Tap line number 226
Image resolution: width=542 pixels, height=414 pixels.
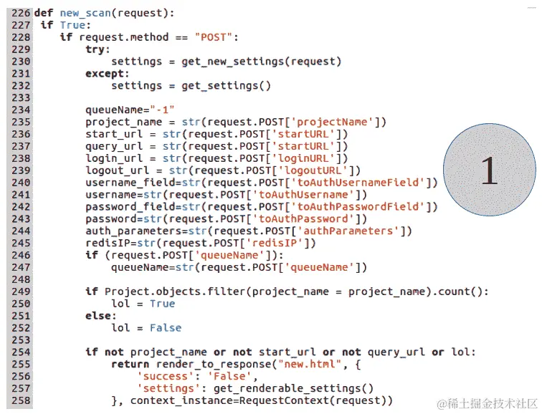click(x=20, y=13)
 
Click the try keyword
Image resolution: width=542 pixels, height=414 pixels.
click(x=96, y=49)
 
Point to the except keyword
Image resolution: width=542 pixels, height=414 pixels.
click(x=107, y=73)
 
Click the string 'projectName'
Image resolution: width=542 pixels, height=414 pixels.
click(x=340, y=122)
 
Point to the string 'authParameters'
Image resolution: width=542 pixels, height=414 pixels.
click(x=356, y=231)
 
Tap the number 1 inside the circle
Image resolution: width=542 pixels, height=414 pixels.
click(x=489, y=170)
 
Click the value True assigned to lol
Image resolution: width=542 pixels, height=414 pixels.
click(x=162, y=304)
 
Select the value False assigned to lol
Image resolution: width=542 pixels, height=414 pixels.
click(x=166, y=327)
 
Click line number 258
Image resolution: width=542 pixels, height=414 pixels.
click(x=20, y=400)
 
